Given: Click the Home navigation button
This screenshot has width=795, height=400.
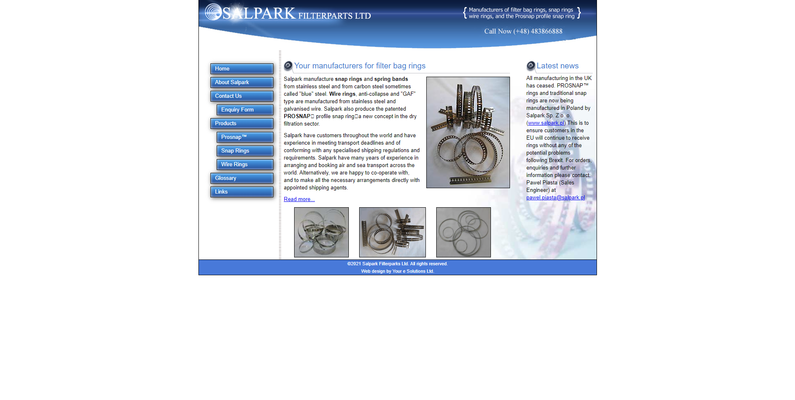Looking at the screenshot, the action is click(x=242, y=69).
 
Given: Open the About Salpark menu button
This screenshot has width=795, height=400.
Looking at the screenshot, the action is click(x=242, y=82).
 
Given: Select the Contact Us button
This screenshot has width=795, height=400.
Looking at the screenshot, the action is click(x=242, y=96).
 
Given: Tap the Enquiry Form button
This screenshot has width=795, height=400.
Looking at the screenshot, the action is click(x=245, y=110).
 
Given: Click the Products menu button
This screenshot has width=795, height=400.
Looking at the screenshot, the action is click(x=242, y=124).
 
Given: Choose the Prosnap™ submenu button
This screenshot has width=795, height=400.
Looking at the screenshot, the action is click(x=245, y=137).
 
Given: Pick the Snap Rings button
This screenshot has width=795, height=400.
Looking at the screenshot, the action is click(x=245, y=151).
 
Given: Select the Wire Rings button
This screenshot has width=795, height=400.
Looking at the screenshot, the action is click(x=245, y=165).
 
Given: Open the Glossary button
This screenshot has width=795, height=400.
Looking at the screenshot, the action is click(x=242, y=178).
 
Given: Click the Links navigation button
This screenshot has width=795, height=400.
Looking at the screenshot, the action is click(x=242, y=192).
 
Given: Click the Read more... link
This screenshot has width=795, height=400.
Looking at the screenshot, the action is click(x=299, y=199).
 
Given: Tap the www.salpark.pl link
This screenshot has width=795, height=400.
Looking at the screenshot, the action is click(x=546, y=123).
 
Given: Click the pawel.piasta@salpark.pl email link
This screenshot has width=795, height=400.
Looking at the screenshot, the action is click(x=556, y=198).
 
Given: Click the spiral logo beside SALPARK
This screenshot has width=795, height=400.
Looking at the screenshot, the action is click(x=213, y=12).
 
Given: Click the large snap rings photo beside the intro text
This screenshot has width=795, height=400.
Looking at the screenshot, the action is click(x=468, y=132).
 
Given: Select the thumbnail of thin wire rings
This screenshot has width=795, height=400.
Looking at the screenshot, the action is click(x=464, y=232).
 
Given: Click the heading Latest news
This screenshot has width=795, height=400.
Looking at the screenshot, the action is click(x=558, y=66).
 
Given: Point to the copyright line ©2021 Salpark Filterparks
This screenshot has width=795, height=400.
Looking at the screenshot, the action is click(x=397, y=264).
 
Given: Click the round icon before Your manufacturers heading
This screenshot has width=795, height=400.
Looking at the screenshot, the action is click(x=288, y=65).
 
